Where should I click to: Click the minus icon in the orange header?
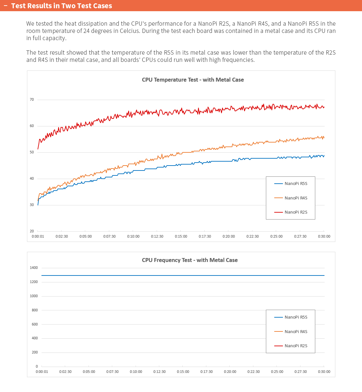[5, 6]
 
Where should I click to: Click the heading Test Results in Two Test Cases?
[62, 6]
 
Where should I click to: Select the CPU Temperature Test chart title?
[193, 80]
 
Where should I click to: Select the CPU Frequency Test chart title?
[190, 260]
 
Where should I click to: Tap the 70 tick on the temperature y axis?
[32, 99]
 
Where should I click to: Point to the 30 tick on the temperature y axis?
[32, 205]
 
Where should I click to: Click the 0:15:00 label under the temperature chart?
[181, 236]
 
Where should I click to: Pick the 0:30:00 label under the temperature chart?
[324, 236]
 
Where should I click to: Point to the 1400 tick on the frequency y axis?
[34, 268]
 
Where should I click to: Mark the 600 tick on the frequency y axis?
[35, 324]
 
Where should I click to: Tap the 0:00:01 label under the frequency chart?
[42, 372]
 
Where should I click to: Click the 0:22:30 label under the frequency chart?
[253, 372]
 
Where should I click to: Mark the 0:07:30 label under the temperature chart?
[110, 236]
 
